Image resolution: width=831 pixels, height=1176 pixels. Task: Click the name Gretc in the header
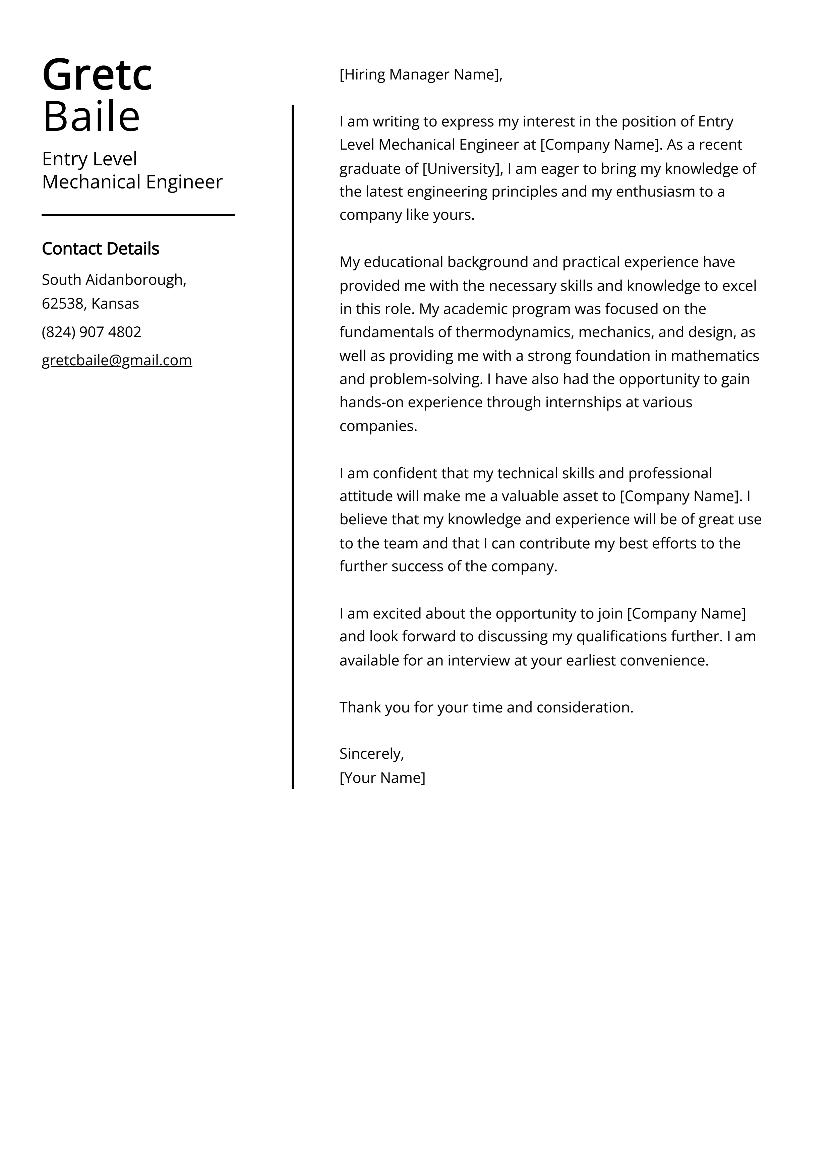point(97,75)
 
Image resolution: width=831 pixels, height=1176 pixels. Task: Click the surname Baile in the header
point(91,117)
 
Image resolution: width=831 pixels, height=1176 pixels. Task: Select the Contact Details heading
point(100,249)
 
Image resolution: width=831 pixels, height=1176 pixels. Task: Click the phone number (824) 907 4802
point(91,332)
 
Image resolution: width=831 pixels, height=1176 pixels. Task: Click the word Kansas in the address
point(115,304)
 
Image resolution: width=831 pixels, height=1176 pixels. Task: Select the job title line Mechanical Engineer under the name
point(132,182)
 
